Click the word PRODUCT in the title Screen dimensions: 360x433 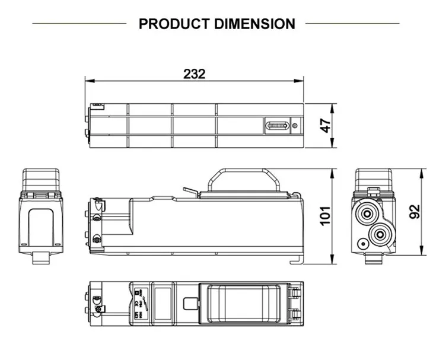click(x=174, y=24)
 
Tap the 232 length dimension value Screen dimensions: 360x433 click(x=194, y=74)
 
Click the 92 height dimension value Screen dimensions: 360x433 click(x=415, y=213)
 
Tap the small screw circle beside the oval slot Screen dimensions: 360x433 click(x=295, y=126)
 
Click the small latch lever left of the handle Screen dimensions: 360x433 click(x=189, y=191)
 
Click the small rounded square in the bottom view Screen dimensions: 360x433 click(x=189, y=304)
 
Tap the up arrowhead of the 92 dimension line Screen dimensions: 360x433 click(x=422, y=173)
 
